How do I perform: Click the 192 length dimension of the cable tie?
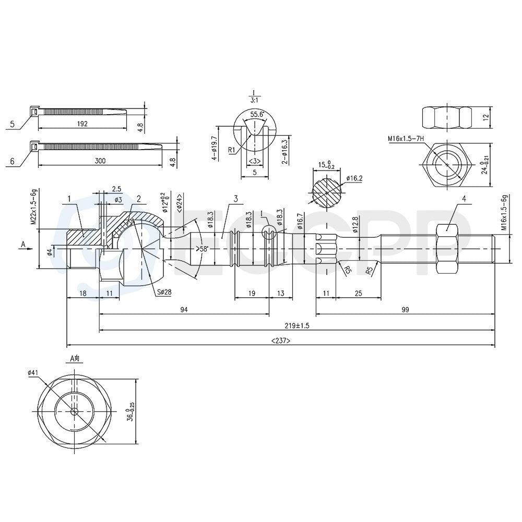coord(82,124)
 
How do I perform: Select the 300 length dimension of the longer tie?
coord(100,161)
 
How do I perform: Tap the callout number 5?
coord(13,125)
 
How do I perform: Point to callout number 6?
coord(13,162)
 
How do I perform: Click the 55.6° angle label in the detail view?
coord(257,115)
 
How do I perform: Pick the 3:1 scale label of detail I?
coord(254,100)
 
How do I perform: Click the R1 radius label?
coord(232,150)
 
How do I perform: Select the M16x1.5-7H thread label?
coord(406,138)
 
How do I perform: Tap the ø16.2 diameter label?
coord(354,178)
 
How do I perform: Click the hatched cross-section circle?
coord(327,193)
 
